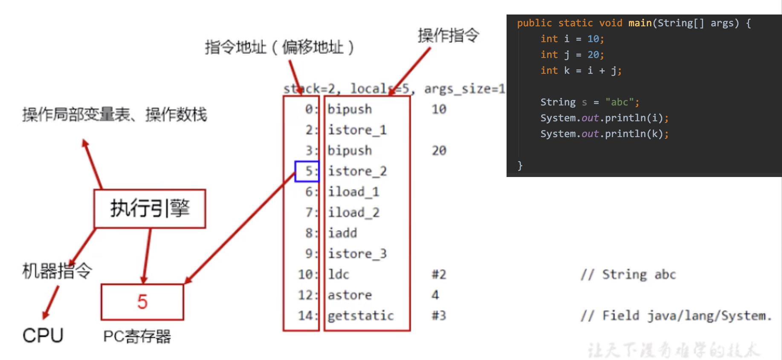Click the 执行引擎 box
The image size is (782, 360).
[150, 209]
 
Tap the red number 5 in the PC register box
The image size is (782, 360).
[142, 302]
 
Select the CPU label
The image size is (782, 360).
[43, 335]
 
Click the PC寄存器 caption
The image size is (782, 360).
[137, 337]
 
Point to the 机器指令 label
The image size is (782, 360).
[57, 271]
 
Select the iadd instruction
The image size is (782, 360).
[342, 233]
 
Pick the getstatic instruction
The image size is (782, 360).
[361, 316]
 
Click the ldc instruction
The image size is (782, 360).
[339, 274]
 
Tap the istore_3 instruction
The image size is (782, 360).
[357, 254]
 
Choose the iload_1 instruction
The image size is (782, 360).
[353, 192]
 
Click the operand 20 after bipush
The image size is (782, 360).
[439, 151]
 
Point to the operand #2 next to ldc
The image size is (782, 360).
[439, 274]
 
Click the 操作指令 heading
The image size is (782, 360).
[448, 35]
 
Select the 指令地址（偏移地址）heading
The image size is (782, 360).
[279, 47]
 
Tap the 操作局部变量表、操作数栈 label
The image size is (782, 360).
[114, 115]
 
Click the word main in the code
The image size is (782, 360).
[640, 23]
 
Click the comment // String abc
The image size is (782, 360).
[628, 274]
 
